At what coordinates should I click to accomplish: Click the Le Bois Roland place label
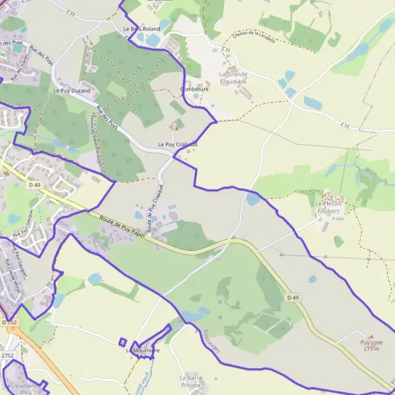[x=142, y=29]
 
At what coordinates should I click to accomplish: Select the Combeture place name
[x=194, y=89]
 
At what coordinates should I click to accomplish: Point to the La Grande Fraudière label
[x=233, y=78]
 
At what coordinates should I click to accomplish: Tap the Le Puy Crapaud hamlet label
[x=177, y=144]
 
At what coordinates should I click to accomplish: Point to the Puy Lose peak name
[x=371, y=342]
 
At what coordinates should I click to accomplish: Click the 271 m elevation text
[x=371, y=349]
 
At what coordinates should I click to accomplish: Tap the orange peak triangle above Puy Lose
[x=370, y=336]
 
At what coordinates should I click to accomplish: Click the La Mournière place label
[x=143, y=351]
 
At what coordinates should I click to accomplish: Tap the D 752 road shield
[x=9, y=322]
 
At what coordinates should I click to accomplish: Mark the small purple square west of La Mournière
[x=122, y=342]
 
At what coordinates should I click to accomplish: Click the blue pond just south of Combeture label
[x=196, y=97]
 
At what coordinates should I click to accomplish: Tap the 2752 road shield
[x=7, y=355]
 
